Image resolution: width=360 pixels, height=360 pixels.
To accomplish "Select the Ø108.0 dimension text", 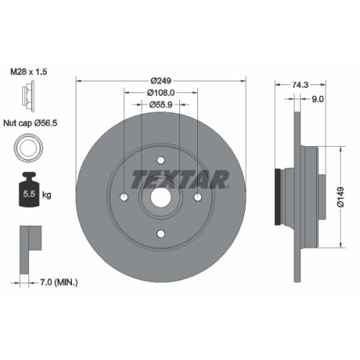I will [161, 92].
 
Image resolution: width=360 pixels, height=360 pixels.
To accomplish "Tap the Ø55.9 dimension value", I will [161, 105].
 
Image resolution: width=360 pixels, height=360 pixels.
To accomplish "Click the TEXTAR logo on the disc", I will [179, 177].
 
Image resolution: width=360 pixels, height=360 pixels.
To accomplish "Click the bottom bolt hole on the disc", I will [161, 233].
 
